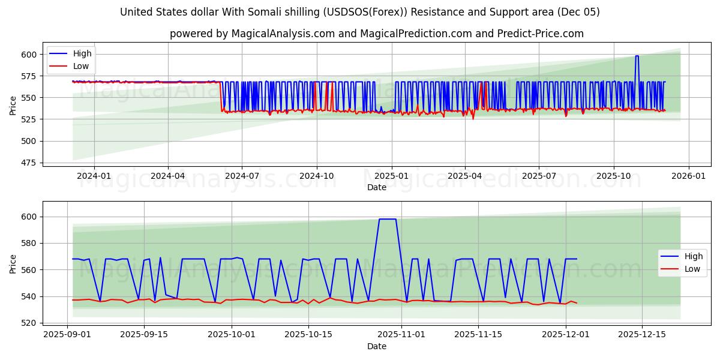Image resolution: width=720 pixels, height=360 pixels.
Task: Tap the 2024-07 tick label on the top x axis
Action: pos(242,176)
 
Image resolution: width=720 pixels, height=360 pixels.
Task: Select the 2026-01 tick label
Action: pos(688,176)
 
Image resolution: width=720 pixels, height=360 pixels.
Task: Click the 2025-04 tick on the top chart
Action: pos(464,176)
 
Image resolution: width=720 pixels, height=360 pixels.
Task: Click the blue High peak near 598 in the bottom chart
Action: pos(387,219)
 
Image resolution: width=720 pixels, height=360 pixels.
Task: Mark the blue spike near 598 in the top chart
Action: pos(637,56)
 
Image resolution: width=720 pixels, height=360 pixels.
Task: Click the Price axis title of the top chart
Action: pos(13,106)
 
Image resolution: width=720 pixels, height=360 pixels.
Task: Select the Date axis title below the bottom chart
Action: pos(376,346)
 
